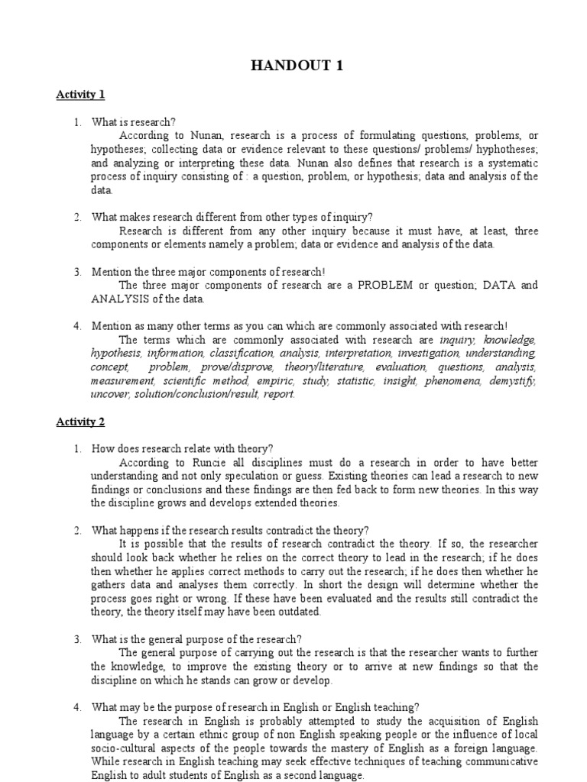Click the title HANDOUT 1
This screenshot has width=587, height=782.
point(297,66)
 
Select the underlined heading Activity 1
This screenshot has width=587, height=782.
point(79,95)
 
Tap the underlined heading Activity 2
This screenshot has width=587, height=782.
point(79,421)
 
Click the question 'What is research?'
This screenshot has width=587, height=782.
point(133,121)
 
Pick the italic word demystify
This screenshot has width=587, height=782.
point(514,380)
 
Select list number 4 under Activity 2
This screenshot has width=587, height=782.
point(78,706)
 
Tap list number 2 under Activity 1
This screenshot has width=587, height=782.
point(78,217)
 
